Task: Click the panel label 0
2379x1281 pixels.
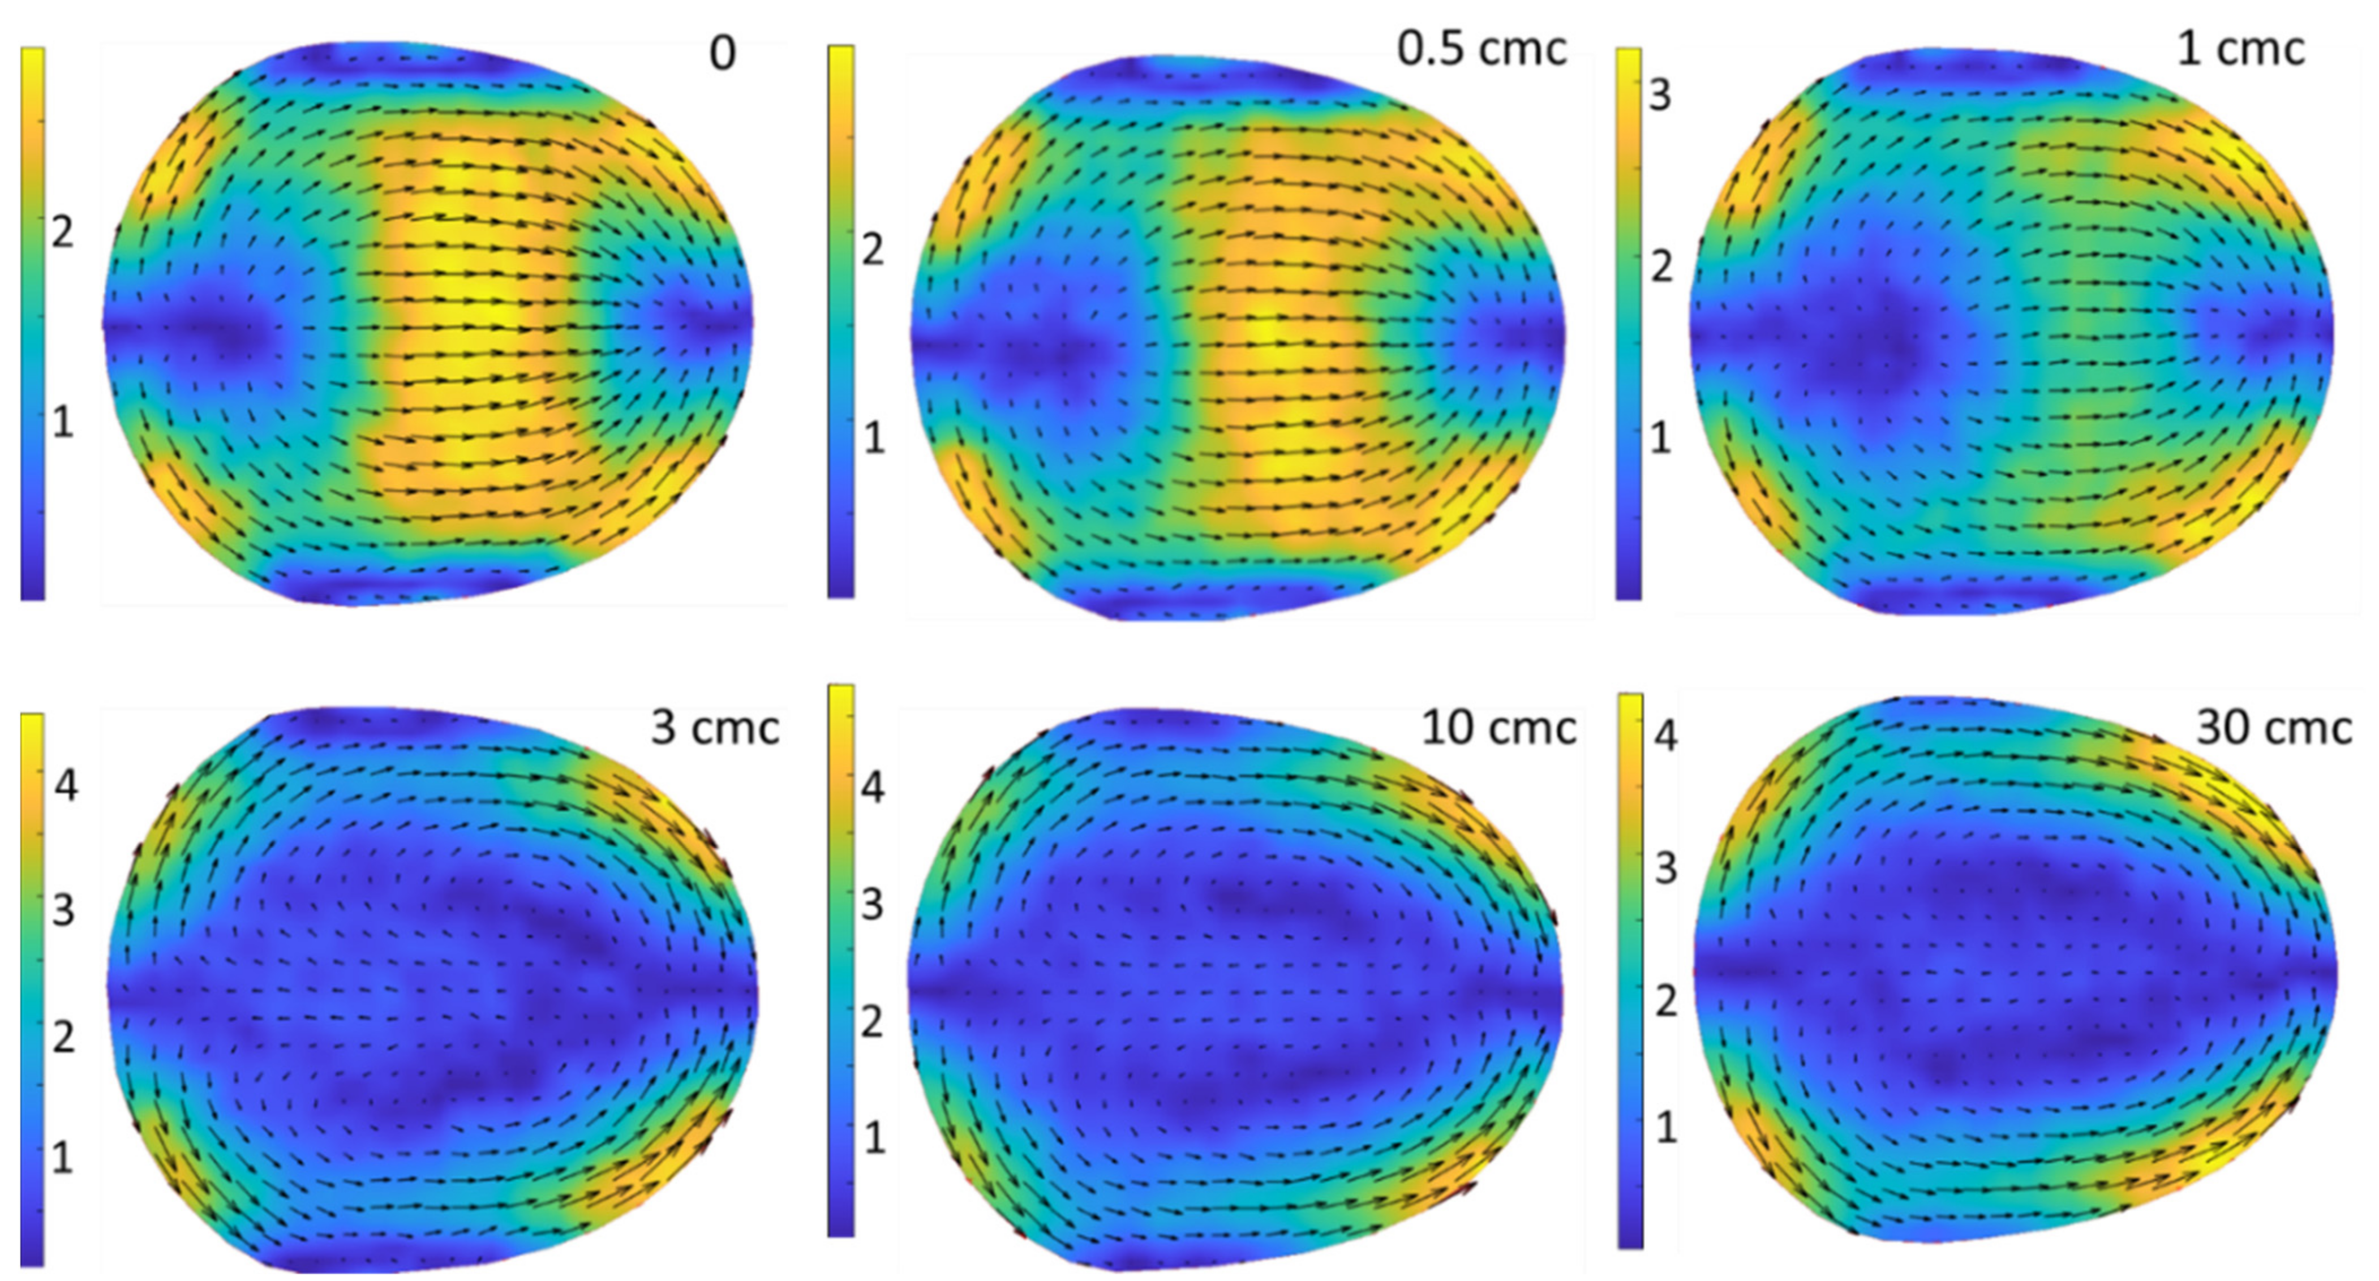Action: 722,54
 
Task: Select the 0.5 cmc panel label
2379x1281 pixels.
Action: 1481,48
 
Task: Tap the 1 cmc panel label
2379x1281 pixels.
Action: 2240,48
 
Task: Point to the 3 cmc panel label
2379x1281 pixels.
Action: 715,728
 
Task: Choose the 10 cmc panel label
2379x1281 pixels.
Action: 1498,728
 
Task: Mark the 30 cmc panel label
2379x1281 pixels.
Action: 2273,728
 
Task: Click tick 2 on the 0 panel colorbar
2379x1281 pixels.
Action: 61,232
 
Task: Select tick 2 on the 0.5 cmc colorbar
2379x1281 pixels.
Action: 872,250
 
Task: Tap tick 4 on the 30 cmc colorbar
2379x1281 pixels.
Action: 1665,736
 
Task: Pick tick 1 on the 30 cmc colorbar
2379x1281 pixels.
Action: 1665,1127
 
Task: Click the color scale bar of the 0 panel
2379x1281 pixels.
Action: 32,323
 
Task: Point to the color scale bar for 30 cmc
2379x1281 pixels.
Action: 1630,970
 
